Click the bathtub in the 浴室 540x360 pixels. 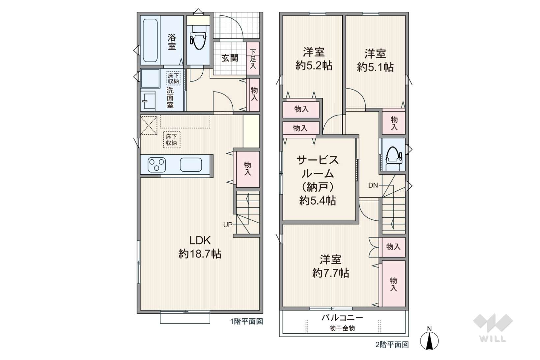click(150, 41)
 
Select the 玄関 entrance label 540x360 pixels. click(230, 58)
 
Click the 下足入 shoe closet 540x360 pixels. click(253, 59)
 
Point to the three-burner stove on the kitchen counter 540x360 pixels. click(157, 165)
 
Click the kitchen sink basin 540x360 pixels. click(191, 165)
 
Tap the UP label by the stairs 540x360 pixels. click(228, 225)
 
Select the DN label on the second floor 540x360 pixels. click(373, 185)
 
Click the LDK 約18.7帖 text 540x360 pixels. click(200, 247)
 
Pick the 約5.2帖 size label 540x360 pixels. click(314, 66)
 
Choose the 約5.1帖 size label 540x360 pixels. click(375, 67)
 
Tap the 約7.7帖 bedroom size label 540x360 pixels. click(330, 273)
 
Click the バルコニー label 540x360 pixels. click(342, 318)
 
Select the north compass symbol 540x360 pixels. click(429, 339)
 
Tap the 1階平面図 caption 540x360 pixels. click(246, 321)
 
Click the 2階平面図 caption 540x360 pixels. click(392, 345)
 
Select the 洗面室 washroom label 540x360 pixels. click(170, 97)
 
